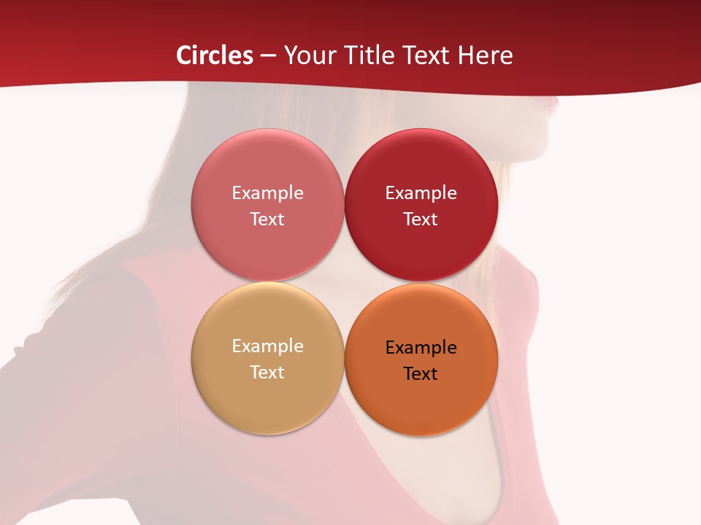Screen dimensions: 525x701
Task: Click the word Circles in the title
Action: click(x=214, y=55)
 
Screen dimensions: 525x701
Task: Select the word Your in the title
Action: click(x=307, y=55)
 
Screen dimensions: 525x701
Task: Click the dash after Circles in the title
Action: click(x=267, y=56)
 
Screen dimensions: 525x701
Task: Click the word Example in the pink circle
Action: click(x=267, y=192)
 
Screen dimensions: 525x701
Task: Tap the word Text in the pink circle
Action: click(x=267, y=219)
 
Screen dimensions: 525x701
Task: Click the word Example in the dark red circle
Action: click(x=421, y=192)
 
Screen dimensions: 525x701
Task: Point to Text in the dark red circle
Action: click(x=421, y=219)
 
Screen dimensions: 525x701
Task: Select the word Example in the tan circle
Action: click(x=267, y=346)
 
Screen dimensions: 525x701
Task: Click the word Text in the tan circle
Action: click(x=267, y=372)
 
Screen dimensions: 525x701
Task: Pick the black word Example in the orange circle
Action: click(x=421, y=347)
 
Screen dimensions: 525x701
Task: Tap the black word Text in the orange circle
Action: click(x=421, y=373)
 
